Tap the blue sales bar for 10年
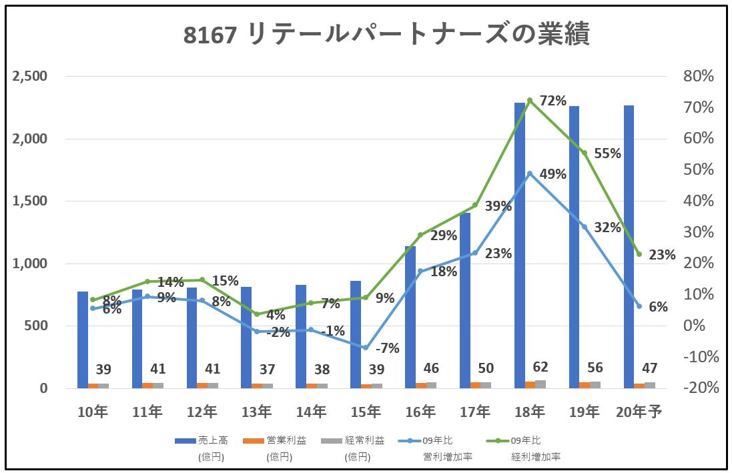tap(83, 340)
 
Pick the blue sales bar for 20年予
tap(629, 246)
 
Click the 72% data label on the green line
tap(553, 101)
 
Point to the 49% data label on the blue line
tap(553, 175)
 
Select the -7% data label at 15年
tap(387, 348)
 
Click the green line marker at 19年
tap(584, 153)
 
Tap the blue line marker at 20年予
tap(639, 306)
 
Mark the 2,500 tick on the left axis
tap(30, 77)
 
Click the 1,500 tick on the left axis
tap(30, 201)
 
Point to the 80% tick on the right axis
tap(699, 77)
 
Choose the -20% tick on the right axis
tap(699, 388)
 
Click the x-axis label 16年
tap(420, 412)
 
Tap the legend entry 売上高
tap(213, 440)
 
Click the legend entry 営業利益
tap(286, 440)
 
